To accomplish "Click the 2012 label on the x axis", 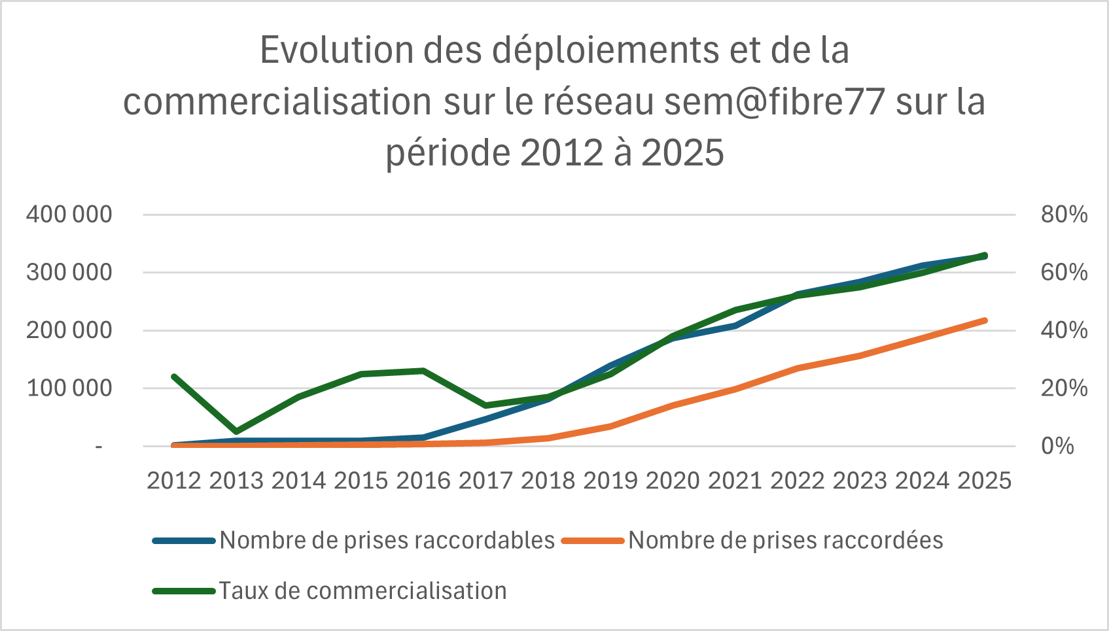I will pos(173,481).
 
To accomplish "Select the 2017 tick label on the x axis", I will pos(485,481).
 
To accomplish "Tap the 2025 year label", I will pos(984,481).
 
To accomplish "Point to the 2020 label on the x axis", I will pos(673,481).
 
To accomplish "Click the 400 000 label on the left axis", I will pos(69,214).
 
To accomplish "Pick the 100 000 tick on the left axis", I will pos(69,388).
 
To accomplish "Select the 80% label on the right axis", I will pos(1064,214).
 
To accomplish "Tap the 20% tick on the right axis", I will pos(1064,388).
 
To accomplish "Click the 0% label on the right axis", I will pos(1057,447).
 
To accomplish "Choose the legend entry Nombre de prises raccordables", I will pos(387,541).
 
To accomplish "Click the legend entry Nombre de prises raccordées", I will pos(785,541).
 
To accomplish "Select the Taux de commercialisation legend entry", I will pos(362,591).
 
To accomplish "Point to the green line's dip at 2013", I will pos(236,432).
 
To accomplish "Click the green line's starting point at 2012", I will pos(174,377).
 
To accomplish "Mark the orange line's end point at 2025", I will pos(984,320).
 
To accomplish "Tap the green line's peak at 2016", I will pos(423,371).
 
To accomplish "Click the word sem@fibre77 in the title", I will pos(775,102).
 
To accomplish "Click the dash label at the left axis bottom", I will pos(99,447).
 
